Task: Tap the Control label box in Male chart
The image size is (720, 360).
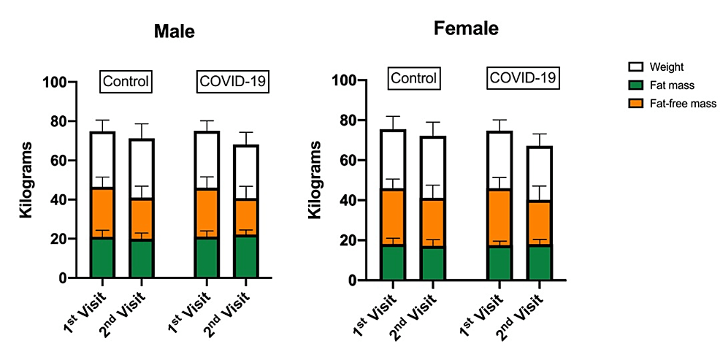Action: click(x=126, y=81)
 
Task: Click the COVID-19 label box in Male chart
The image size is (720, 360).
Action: click(x=233, y=81)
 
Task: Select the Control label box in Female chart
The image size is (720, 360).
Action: click(x=413, y=77)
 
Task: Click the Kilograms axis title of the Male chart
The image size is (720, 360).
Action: click(x=27, y=180)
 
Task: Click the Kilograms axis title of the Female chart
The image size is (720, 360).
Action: click(x=315, y=180)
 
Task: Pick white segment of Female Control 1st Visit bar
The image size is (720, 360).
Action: click(x=393, y=160)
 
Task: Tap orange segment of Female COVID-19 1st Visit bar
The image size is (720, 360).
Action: click(x=499, y=218)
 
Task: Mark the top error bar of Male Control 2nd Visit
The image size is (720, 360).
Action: click(x=142, y=124)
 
